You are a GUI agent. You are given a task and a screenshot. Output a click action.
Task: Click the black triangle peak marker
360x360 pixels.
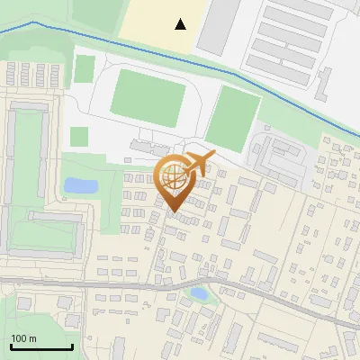pos(181,24)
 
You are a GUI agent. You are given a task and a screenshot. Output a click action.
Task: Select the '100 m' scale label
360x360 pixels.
pos(23,338)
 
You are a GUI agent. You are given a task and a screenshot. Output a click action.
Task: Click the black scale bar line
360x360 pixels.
pos(40,346)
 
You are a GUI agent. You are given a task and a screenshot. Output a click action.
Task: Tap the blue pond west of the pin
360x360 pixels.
pos(80,186)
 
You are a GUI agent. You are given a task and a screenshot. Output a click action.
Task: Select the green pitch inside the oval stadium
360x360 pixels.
pos(147,95)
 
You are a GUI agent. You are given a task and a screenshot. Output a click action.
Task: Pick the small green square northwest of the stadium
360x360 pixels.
pos(85,68)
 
